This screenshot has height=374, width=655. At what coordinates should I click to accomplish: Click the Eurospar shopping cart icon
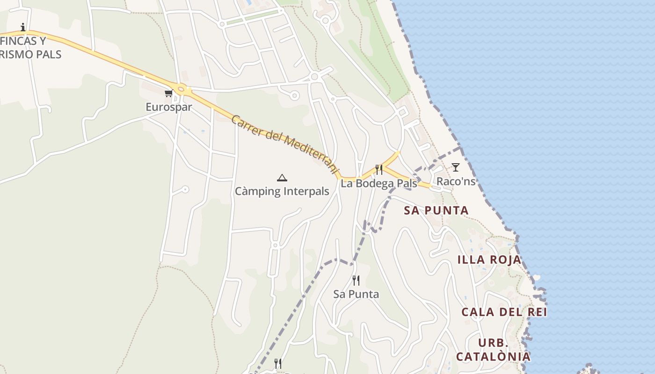168,93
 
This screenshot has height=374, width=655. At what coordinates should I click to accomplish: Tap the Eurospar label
169,107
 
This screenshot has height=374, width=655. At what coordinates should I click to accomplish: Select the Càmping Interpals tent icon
282,178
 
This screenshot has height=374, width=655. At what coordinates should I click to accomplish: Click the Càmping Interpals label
282,191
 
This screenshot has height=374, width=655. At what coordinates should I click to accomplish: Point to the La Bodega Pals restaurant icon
379,169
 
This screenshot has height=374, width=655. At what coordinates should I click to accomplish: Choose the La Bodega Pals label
378,183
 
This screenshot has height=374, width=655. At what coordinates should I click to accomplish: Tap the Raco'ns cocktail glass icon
455,167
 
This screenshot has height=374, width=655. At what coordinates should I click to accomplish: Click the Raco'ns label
456,181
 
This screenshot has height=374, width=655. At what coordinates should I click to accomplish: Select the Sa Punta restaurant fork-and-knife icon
356,280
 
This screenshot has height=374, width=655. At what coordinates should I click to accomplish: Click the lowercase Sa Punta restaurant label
356,294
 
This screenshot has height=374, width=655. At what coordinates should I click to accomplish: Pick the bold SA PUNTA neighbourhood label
436,210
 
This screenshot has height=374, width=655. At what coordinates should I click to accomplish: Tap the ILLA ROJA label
489,260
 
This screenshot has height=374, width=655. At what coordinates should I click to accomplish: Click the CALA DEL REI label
504,312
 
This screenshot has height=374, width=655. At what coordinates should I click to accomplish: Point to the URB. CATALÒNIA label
493,350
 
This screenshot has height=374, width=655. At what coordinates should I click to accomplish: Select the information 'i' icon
23,27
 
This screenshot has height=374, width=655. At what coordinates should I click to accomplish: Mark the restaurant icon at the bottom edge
278,363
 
